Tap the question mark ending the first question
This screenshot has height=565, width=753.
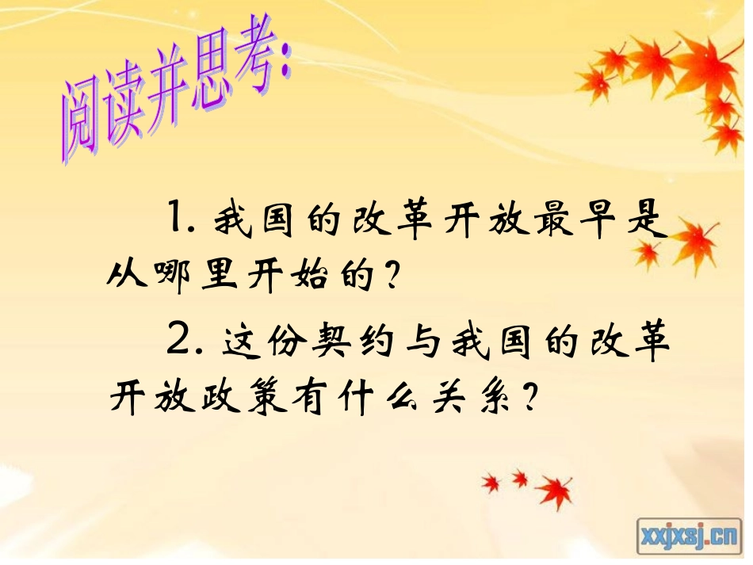(388, 276)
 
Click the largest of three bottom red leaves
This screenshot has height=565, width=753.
(557, 489)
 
